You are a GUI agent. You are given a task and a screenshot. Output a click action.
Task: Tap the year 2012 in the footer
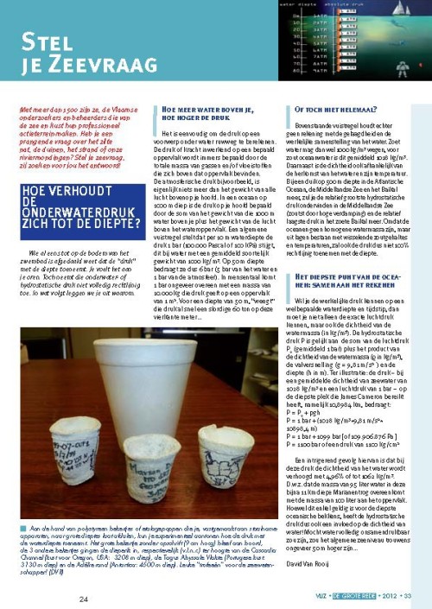[385, 598]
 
